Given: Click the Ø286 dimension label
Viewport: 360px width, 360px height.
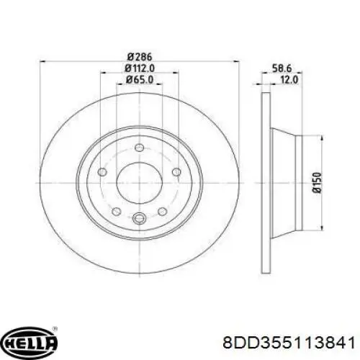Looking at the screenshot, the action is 140,57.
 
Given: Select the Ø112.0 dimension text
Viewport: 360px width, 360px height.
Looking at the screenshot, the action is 140,68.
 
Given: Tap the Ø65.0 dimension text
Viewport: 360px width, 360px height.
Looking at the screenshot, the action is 140,80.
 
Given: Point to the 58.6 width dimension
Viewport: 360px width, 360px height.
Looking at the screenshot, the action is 282,68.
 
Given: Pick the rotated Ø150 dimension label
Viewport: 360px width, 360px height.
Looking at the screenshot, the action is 317,182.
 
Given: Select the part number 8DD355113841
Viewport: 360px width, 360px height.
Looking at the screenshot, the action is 289,342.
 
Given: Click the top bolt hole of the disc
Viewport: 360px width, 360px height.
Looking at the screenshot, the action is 139,148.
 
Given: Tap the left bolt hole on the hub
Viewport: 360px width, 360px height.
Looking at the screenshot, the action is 102,172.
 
